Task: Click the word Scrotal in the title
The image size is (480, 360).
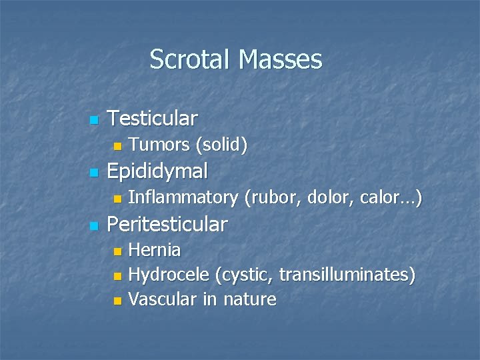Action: click(x=190, y=59)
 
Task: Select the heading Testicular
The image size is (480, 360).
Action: click(x=152, y=119)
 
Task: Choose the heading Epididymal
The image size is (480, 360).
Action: click(x=157, y=172)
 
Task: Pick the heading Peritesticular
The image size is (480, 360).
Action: click(x=167, y=224)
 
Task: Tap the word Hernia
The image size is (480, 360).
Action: click(x=154, y=250)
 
